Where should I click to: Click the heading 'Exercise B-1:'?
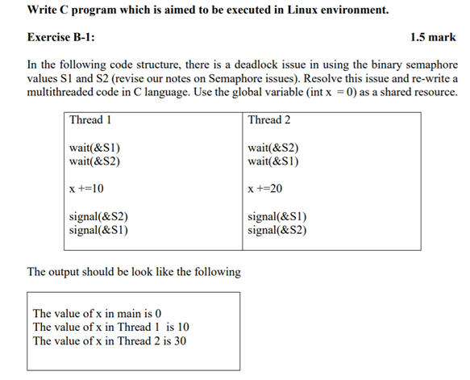coord(68,37)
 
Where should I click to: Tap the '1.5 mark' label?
coord(432,37)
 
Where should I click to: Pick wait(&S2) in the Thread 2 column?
coord(273,148)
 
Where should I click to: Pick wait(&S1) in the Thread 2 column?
coord(273,161)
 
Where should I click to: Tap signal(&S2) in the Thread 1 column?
coord(99,217)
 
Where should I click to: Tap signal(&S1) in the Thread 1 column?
coord(99,230)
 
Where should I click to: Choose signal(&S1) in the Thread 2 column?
coord(277,217)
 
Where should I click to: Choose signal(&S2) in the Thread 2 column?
coord(277,230)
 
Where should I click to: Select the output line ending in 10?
coord(110,327)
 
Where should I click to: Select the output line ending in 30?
coord(110,340)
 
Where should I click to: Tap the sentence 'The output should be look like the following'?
coord(134,271)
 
